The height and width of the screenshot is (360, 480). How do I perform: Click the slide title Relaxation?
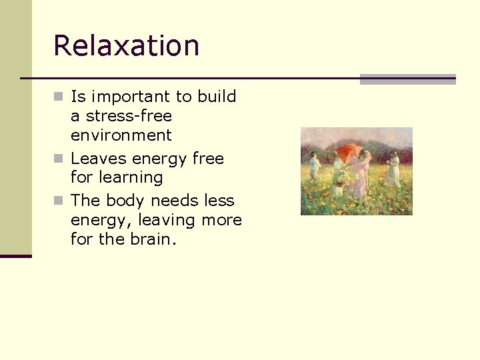click(126, 46)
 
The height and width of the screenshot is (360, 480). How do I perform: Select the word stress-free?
click(129, 116)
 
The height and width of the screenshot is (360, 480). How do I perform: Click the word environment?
click(121, 135)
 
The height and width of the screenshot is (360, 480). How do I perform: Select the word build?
click(217, 97)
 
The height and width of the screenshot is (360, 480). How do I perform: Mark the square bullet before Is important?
click(59, 97)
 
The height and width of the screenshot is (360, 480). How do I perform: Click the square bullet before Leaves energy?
click(59, 159)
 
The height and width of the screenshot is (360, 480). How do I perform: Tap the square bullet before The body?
click(59, 201)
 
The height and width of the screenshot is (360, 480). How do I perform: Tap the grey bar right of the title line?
click(407, 79)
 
